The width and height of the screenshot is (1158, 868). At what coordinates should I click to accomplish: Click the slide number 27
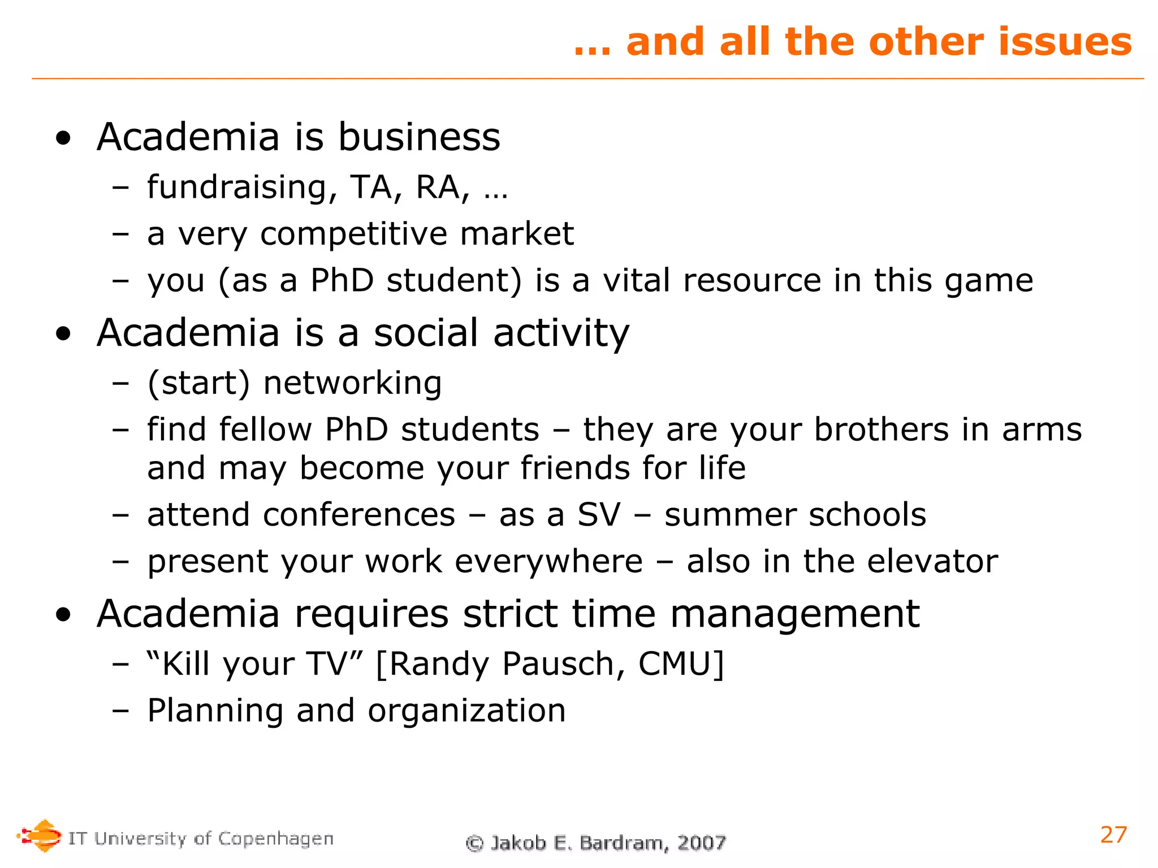pyautogui.click(x=1113, y=835)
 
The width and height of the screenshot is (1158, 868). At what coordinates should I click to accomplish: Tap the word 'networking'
pyautogui.click(x=352, y=383)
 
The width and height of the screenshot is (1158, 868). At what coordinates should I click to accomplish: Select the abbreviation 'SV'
pyautogui.click(x=598, y=515)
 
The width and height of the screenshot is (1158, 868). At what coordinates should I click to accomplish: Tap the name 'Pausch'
pyautogui.click(x=563, y=664)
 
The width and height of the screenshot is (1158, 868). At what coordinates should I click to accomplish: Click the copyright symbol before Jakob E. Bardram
pyautogui.click(x=474, y=843)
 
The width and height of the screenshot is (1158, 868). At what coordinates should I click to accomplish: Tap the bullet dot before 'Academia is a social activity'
pyautogui.click(x=64, y=334)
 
